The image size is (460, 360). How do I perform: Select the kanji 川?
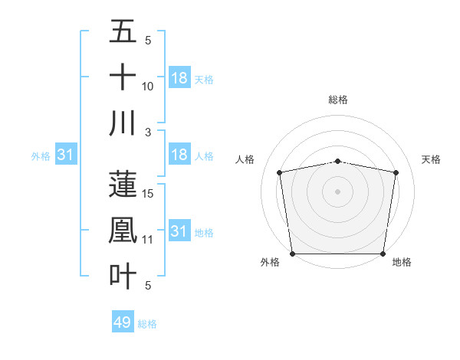tap(123, 123)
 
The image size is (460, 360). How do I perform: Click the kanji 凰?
tap(123, 230)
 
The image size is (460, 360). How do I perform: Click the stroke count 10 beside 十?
tap(148, 86)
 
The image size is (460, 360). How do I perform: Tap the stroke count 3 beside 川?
tap(148, 132)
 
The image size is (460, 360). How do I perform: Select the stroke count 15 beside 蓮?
tap(148, 194)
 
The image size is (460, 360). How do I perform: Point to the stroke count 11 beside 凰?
tap(148, 240)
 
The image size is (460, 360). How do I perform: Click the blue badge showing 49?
tap(123, 322)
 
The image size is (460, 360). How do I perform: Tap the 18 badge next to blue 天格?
tap(179, 77)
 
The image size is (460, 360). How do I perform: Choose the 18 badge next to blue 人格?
tap(179, 155)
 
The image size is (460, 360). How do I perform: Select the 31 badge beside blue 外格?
tap(66, 155)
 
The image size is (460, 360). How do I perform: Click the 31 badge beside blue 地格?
tap(179, 231)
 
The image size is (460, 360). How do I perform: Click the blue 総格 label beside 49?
tap(147, 324)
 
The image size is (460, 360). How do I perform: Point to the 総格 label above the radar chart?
tap(338, 100)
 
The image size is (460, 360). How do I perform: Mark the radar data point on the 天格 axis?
tap(396, 172)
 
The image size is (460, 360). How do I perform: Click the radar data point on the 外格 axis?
tap(293, 254)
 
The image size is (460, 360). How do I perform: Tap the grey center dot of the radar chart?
tap(338, 191)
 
